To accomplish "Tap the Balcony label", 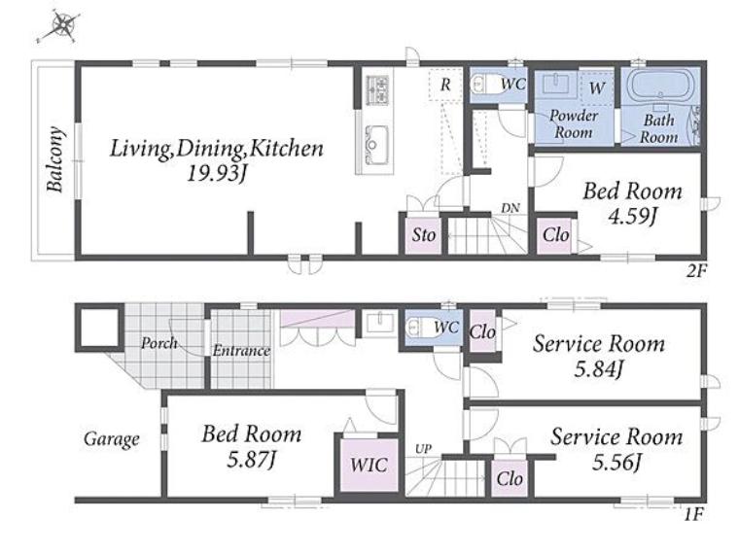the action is click(x=55, y=159).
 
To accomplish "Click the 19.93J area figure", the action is click(x=216, y=175).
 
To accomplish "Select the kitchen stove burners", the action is click(x=377, y=89).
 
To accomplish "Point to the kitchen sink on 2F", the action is click(x=376, y=140).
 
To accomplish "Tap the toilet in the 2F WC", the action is click(x=483, y=85).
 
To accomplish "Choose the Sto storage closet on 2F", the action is click(x=423, y=234).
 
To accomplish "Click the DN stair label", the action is click(x=510, y=208).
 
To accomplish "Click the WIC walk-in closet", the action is click(x=369, y=465).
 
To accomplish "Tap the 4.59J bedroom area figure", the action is click(x=632, y=217).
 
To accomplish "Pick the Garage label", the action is click(x=112, y=439).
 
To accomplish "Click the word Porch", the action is click(x=159, y=343).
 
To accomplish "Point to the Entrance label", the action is click(x=241, y=351).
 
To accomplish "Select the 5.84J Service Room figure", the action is click(x=599, y=369).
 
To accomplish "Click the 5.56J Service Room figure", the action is click(x=616, y=462).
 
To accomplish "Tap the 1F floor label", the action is click(x=693, y=514).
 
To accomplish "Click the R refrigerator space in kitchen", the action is click(x=445, y=85).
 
